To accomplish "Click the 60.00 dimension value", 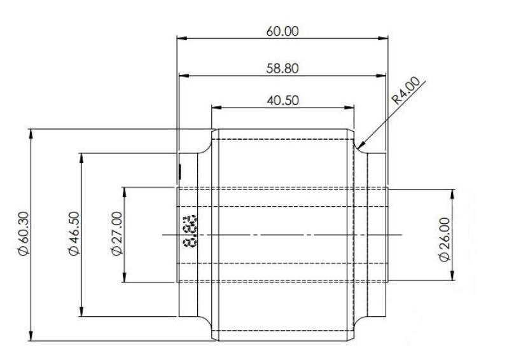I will coord(282,31).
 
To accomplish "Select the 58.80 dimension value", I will coord(282,67).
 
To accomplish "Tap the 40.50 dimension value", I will coord(282,100).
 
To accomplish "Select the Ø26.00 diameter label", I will coord(444,238).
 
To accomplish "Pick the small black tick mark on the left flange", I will coord(181,170).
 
